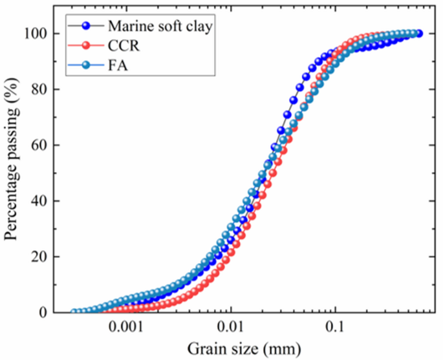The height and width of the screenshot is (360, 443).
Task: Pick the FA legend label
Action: tap(116, 64)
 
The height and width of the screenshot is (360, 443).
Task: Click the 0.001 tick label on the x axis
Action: tap(125, 326)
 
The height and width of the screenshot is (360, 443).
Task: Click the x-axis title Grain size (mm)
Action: tap(244, 348)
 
